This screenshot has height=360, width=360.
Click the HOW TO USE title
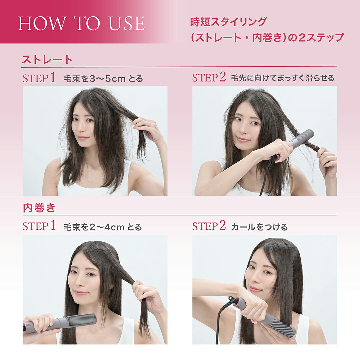click(x=81, y=23)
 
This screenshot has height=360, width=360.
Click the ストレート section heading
click(x=47, y=60)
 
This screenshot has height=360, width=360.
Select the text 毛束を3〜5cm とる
click(x=103, y=79)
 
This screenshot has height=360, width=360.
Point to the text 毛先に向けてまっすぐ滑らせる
click(x=283, y=78)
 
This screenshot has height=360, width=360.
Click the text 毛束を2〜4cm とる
click(x=103, y=227)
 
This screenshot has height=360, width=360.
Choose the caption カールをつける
click(x=259, y=227)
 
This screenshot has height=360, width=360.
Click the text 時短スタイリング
click(x=228, y=22)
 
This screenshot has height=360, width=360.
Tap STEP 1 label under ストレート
click(x=39, y=78)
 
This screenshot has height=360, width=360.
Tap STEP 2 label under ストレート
click(x=209, y=78)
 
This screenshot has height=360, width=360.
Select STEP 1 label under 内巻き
click(x=39, y=227)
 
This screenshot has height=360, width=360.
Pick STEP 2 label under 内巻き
click(x=209, y=227)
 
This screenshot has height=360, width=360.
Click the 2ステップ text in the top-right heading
click(x=320, y=37)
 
